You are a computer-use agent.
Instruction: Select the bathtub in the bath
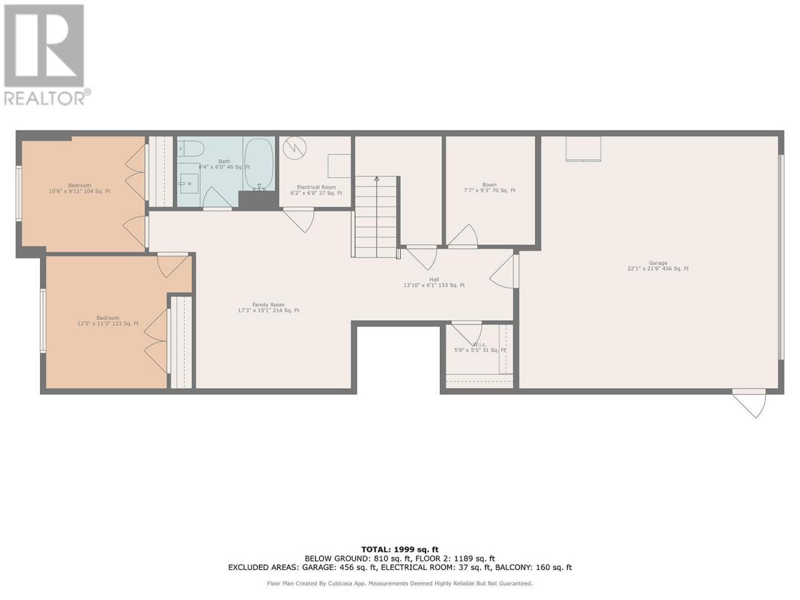(x=258, y=164)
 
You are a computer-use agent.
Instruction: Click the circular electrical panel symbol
(x=294, y=148)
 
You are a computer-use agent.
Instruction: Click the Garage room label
(x=658, y=266)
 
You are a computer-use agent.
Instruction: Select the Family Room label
(x=268, y=307)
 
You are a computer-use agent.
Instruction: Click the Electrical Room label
(x=316, y=190)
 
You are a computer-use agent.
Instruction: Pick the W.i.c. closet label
(x=479, y=347)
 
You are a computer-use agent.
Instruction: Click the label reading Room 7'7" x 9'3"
(x=489, y=187)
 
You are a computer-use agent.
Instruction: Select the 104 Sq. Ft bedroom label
(x=79, y=188)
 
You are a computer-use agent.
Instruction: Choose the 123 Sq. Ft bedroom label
(x=108, y=321)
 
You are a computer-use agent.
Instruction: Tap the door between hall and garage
(x=504, y=272)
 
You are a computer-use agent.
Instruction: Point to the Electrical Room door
(x=299, y=219)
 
